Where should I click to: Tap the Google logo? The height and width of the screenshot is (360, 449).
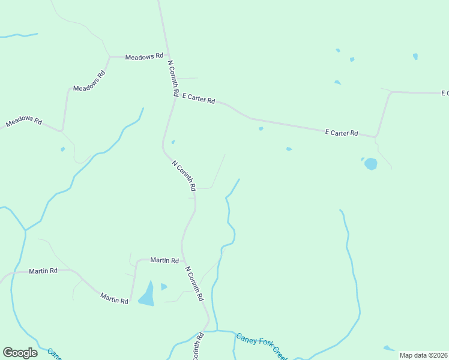click(20, 353)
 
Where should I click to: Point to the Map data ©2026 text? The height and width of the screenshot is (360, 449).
click(423, 355)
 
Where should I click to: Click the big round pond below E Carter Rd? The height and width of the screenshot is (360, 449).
click(370, 164)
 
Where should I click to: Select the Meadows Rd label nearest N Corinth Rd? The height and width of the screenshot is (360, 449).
click(144, 56)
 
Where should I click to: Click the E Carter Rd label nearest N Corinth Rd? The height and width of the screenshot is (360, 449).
click(198, 98)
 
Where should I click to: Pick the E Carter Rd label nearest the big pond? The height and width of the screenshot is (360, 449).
click(341, 133)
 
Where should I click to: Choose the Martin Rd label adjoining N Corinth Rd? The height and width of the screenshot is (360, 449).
click(164, 260)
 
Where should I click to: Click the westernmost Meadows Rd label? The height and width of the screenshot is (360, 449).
click(24, 122)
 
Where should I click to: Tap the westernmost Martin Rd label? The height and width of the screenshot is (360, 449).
click(43, 271)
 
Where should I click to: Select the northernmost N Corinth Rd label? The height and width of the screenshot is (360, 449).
click(173, 79)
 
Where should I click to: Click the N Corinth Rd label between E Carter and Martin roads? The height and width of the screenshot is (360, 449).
click(184, 175)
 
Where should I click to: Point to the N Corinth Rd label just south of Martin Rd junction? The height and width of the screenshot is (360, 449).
click(194, 284)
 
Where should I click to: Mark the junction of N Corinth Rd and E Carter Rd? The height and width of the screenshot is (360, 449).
click(175, 98)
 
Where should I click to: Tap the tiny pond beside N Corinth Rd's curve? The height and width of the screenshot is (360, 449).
click(173, 142)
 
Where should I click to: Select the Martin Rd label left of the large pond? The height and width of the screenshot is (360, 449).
click(114, 298)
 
